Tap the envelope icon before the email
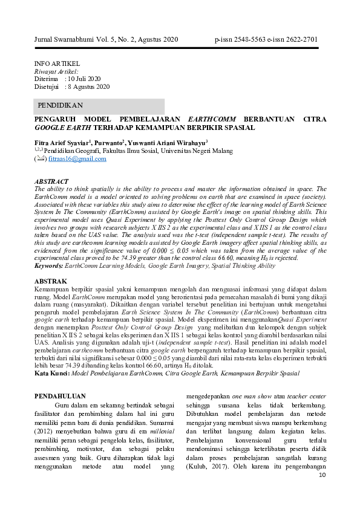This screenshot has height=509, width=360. click(41, 159)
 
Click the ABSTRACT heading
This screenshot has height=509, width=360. click(51, 181)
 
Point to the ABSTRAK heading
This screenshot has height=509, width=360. click(51, 282)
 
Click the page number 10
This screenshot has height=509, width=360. click(321, 475)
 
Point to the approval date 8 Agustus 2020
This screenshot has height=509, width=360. click(89, 86)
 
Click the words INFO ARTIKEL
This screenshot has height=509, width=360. click(57, 63)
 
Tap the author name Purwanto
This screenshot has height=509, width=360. click(106, 142)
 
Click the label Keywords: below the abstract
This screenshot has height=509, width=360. click(48, 265)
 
